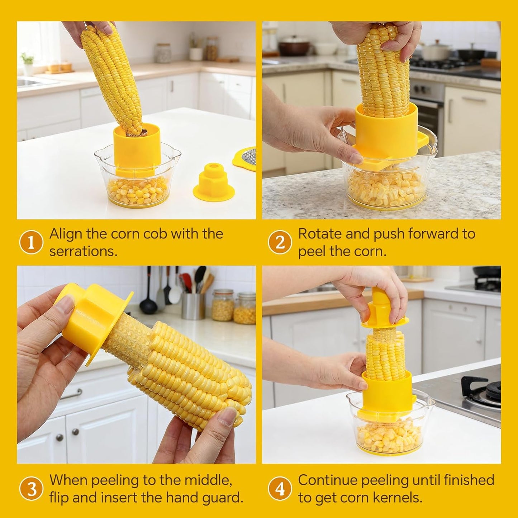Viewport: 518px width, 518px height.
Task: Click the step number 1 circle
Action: [x=31, y=243]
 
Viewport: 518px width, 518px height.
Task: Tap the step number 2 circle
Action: [x=280, y=243]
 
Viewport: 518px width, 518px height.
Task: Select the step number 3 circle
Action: [x=31, y=489]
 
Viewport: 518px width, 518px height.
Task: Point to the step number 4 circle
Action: [x=280, y=489]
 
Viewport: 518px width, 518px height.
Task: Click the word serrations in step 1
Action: [x=83, y=251]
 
